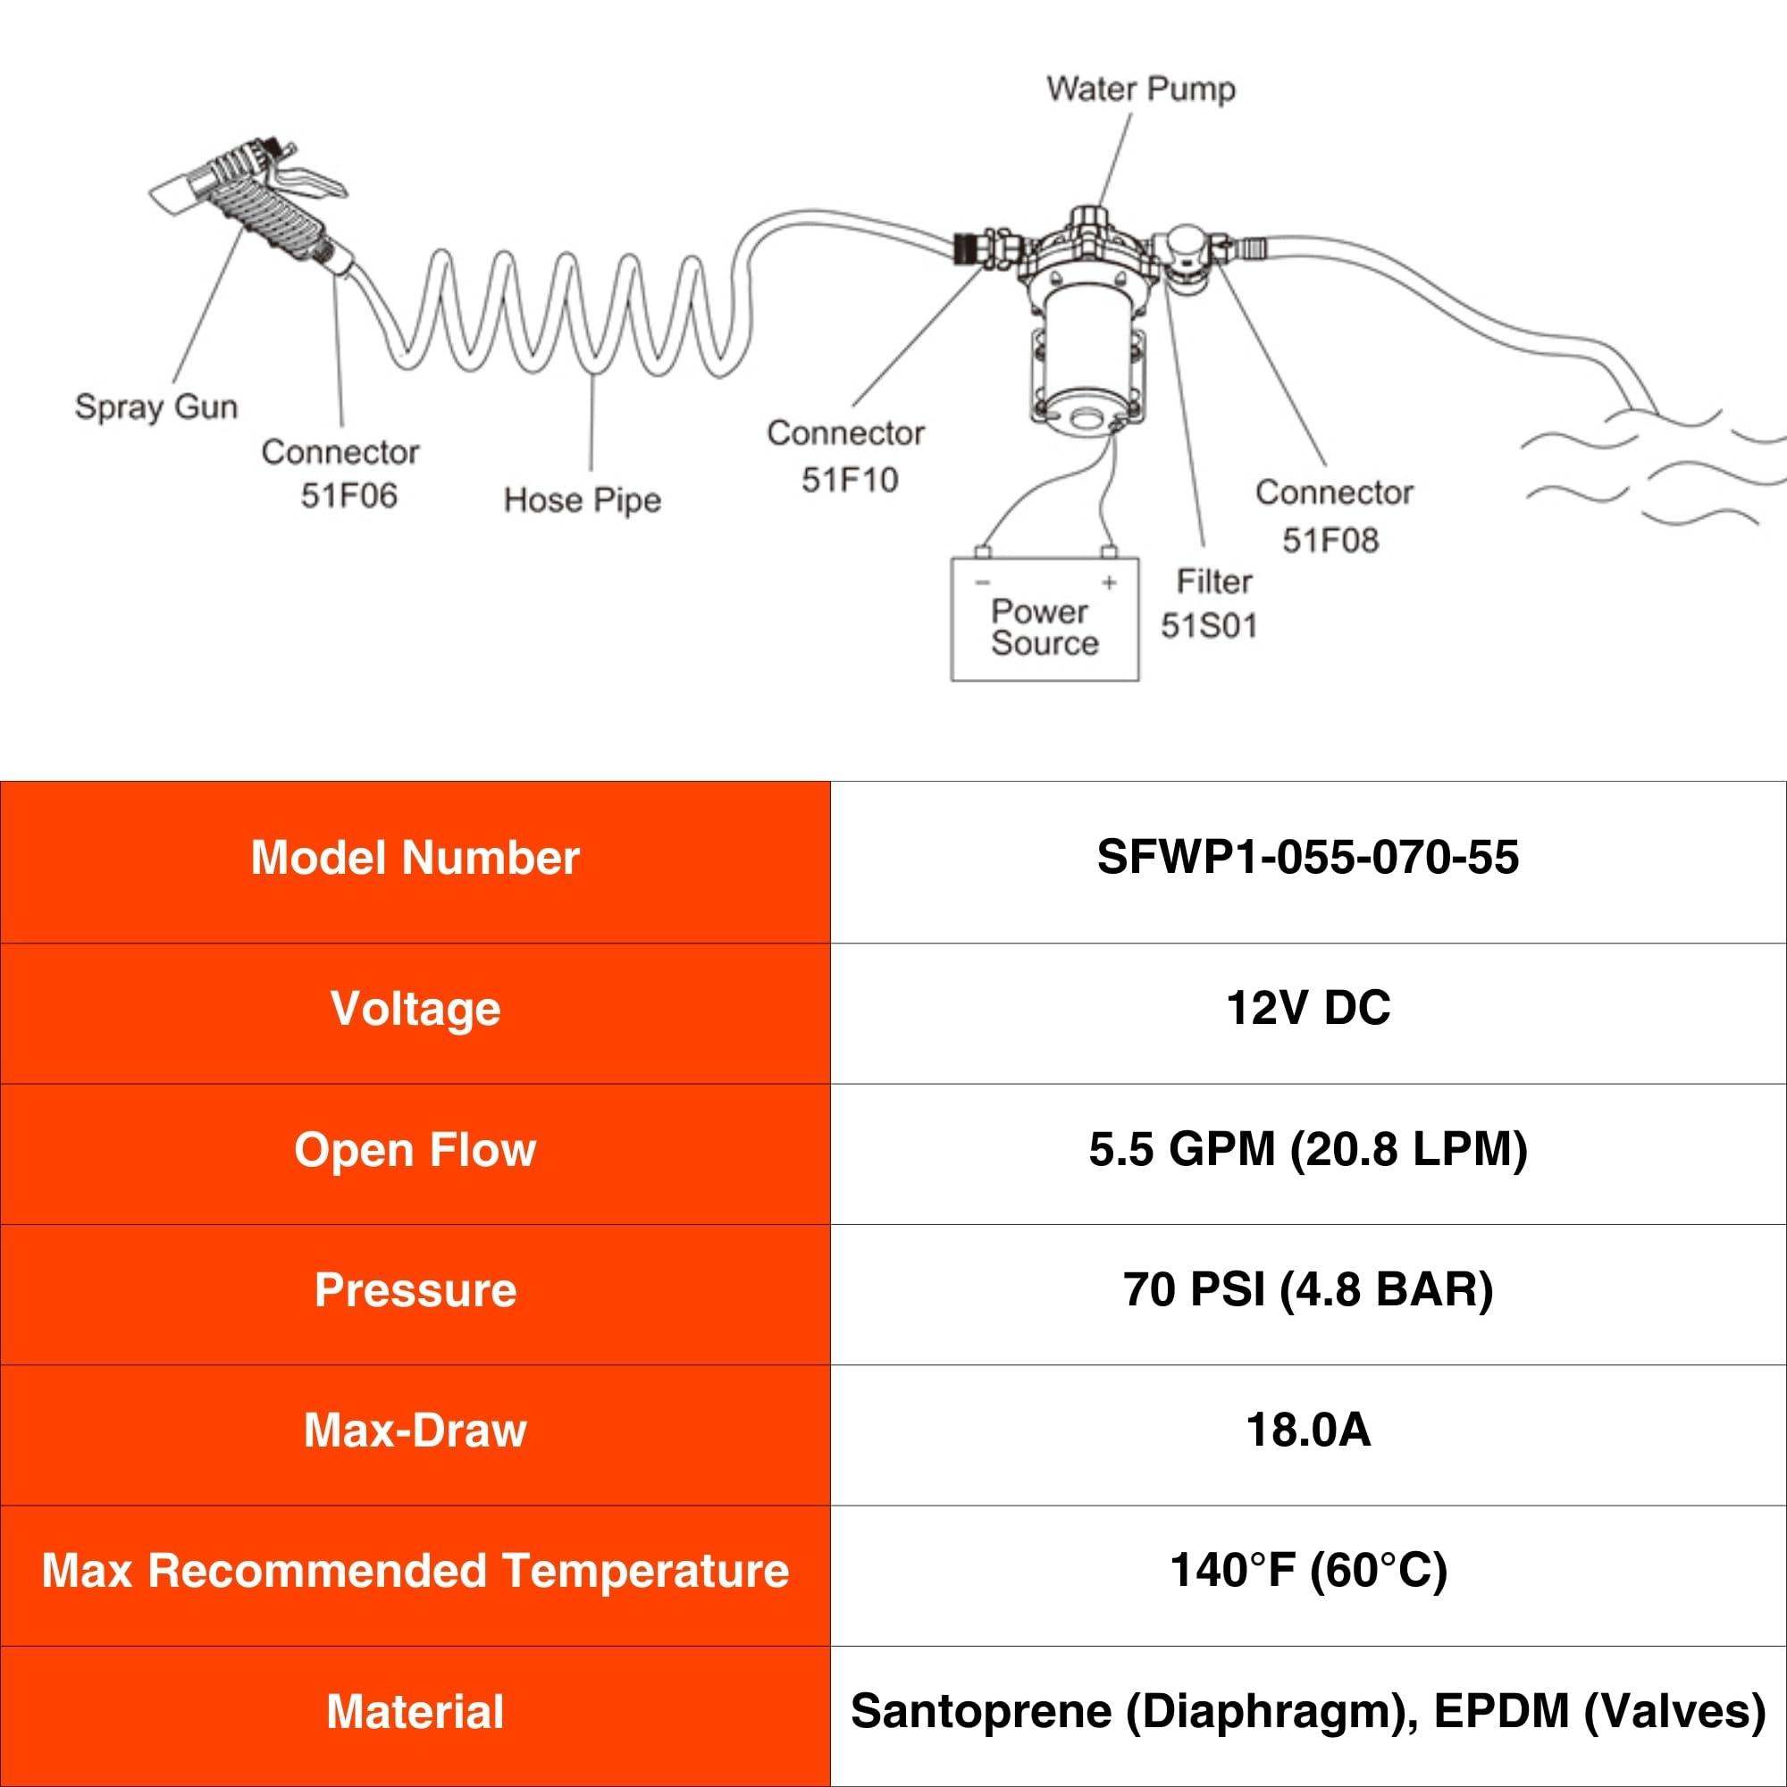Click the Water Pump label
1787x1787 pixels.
click(1140, 89)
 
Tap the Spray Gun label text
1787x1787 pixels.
click(156, 407)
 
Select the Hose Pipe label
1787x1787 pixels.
click(583, 500)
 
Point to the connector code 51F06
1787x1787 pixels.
click(348, 496)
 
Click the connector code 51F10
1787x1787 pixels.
click(850, 480)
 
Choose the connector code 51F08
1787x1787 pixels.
click(1330, 541)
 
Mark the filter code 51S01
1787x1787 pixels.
click(1209, 626)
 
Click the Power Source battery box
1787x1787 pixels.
click(1045, 619)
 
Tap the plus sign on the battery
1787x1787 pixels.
click(1109, 583)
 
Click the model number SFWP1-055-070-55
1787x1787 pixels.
click(1308, 857)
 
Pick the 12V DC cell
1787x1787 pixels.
click(1308, 1007)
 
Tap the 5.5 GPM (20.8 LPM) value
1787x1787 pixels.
click(1308, 1150)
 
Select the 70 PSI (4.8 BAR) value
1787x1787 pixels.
click(1308, 1290)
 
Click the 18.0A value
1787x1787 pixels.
click(1308, 1430)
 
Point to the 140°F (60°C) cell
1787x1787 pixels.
click(1308, 1571)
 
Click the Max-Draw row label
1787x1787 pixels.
click(415, 1430)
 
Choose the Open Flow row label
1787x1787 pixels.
click(415, 1150)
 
